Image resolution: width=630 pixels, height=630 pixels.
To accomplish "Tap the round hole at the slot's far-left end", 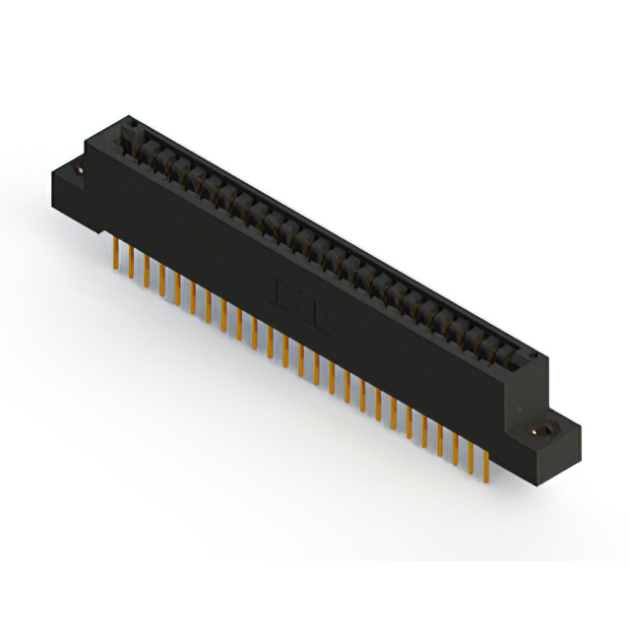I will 127,125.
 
